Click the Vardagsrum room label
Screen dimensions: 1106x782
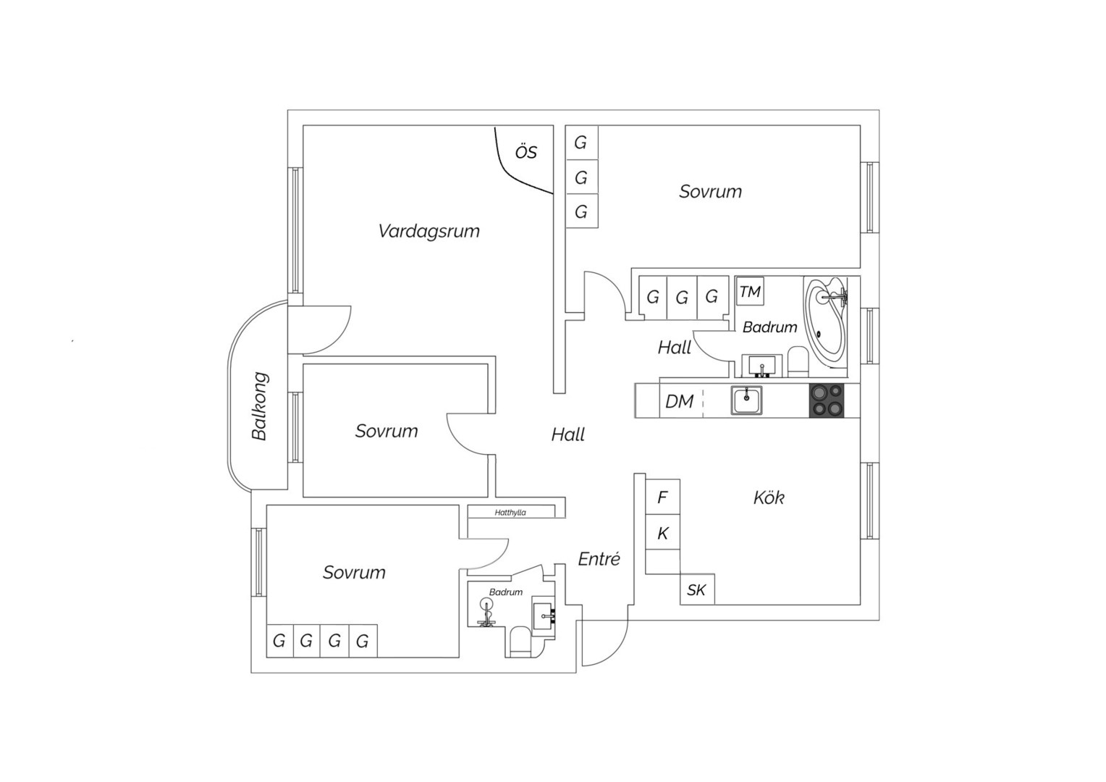tap(429, 231)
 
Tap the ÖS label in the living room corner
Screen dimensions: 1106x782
tap(525, 151)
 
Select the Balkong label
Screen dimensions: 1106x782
tap(259, 406)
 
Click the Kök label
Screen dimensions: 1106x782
tap(769, 497)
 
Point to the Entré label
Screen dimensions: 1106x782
tap(599, 559)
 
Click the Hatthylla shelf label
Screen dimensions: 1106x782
tap(510, 513)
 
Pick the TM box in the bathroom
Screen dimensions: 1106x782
tap(749, 292)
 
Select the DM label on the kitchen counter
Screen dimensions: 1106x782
tap(680, 402)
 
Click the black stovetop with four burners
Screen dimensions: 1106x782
tap(827, 400)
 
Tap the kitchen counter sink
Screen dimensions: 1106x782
tap(746, 400)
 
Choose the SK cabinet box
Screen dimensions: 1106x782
tap(697, 589)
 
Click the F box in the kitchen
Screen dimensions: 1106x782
tap(662, 497)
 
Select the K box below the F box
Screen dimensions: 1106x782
tap(662, 532)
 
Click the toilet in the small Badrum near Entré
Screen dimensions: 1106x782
tap(520, 642)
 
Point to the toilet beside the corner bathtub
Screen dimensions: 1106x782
tap(798, 361)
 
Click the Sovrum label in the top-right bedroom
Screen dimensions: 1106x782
tap(710, 192)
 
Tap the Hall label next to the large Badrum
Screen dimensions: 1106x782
tap(675, 348)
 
